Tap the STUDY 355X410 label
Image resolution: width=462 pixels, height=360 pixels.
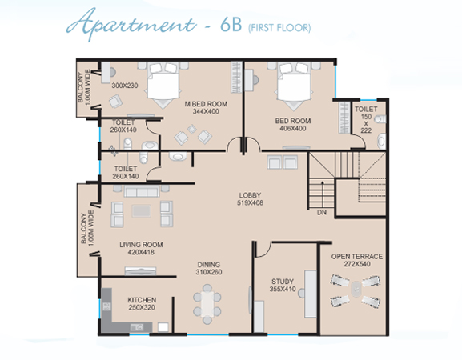[x=283, y=286]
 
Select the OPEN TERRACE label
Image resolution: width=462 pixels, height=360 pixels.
[x=357, y=260]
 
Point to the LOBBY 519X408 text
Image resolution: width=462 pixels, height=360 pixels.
[x=250, y=199]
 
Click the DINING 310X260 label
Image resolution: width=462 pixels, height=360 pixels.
[x=209, y=268]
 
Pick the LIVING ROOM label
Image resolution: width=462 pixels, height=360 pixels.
[x=141, y=248]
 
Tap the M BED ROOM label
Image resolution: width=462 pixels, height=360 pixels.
[x=206, y=107]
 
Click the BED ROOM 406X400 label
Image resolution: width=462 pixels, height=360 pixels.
[x=293, y=125]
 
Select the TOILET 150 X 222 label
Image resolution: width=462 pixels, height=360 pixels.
[x=366, y=120]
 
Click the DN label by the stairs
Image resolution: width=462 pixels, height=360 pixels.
[x=322, y=212]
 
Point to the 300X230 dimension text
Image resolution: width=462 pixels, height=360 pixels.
[x=125, y=86]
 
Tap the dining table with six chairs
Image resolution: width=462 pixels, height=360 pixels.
[x=207, y=304]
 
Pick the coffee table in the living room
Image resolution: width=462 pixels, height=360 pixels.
[x=142, y=210]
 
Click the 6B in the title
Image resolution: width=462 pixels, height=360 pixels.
[x=231, y=26]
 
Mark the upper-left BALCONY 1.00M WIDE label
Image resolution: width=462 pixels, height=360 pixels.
[x=84, y=87]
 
